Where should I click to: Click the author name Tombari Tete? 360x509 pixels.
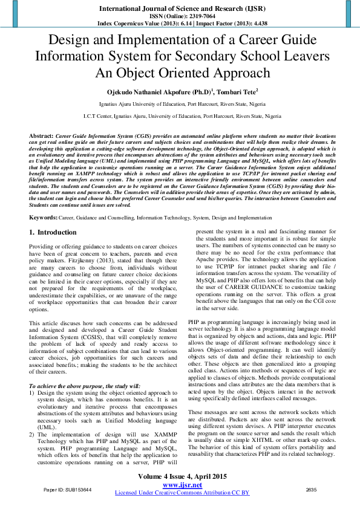[x=238, y=92]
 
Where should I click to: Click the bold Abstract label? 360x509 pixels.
[x=41, y=137]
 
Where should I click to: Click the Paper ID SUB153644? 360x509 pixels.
[x=68, y=488]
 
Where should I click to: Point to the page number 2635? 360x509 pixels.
[x=311, y=488]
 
